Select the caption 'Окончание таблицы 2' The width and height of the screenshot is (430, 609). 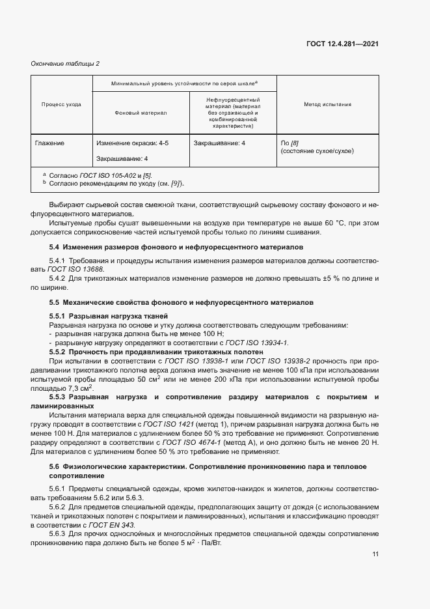65,63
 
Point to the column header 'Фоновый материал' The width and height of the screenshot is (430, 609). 141,113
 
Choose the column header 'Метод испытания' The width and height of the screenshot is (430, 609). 327,104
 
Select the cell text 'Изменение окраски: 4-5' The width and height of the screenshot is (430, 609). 132,142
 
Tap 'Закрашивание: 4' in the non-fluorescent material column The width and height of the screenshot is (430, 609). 219,142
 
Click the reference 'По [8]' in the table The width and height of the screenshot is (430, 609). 289,142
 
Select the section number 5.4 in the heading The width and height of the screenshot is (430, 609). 55,248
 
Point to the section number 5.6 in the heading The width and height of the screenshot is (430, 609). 55,466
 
